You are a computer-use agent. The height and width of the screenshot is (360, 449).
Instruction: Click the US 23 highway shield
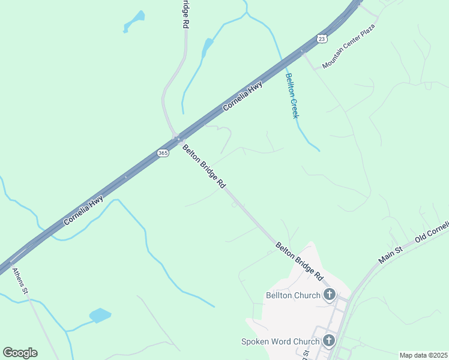coord(322,38)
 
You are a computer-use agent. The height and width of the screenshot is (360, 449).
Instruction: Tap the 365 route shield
coord(163,154)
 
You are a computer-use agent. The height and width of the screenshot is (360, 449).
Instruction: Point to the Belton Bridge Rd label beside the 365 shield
coord(203,167)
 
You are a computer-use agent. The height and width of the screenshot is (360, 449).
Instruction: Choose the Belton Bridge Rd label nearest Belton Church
coord(300,262)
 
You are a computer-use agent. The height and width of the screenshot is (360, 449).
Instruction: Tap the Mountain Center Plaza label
coord(348,47)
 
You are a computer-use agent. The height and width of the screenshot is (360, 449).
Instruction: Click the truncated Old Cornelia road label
coord(432,232)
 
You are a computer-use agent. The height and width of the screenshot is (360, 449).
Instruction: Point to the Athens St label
coord(20,281)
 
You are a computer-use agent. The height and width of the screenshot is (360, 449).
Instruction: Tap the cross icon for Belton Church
coord(329,295)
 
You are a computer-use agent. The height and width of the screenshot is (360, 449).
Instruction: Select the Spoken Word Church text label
coord(280,341)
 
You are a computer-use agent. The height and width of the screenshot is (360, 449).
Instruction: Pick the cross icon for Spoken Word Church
coord(329,341)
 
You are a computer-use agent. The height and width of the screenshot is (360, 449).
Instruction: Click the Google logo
coord(20,353)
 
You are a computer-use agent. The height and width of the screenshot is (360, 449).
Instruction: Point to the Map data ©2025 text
coord(423,355)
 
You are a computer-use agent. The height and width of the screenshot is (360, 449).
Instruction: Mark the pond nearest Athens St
coord(100,316)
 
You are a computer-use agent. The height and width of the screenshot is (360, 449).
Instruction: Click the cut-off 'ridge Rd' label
coord(186,14)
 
